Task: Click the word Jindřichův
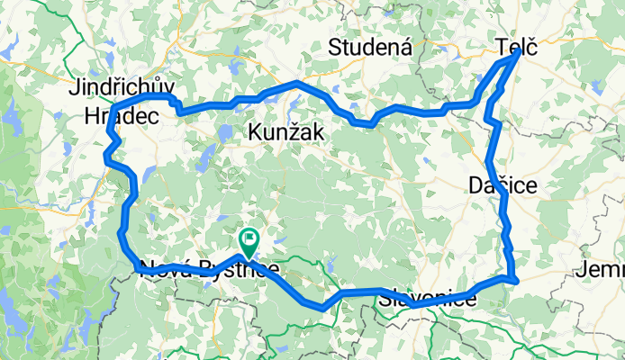coord(122,90)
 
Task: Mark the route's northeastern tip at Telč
coord(516,52)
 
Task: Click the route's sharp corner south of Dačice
coord(513,281)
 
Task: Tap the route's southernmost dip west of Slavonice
coord(322,308)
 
